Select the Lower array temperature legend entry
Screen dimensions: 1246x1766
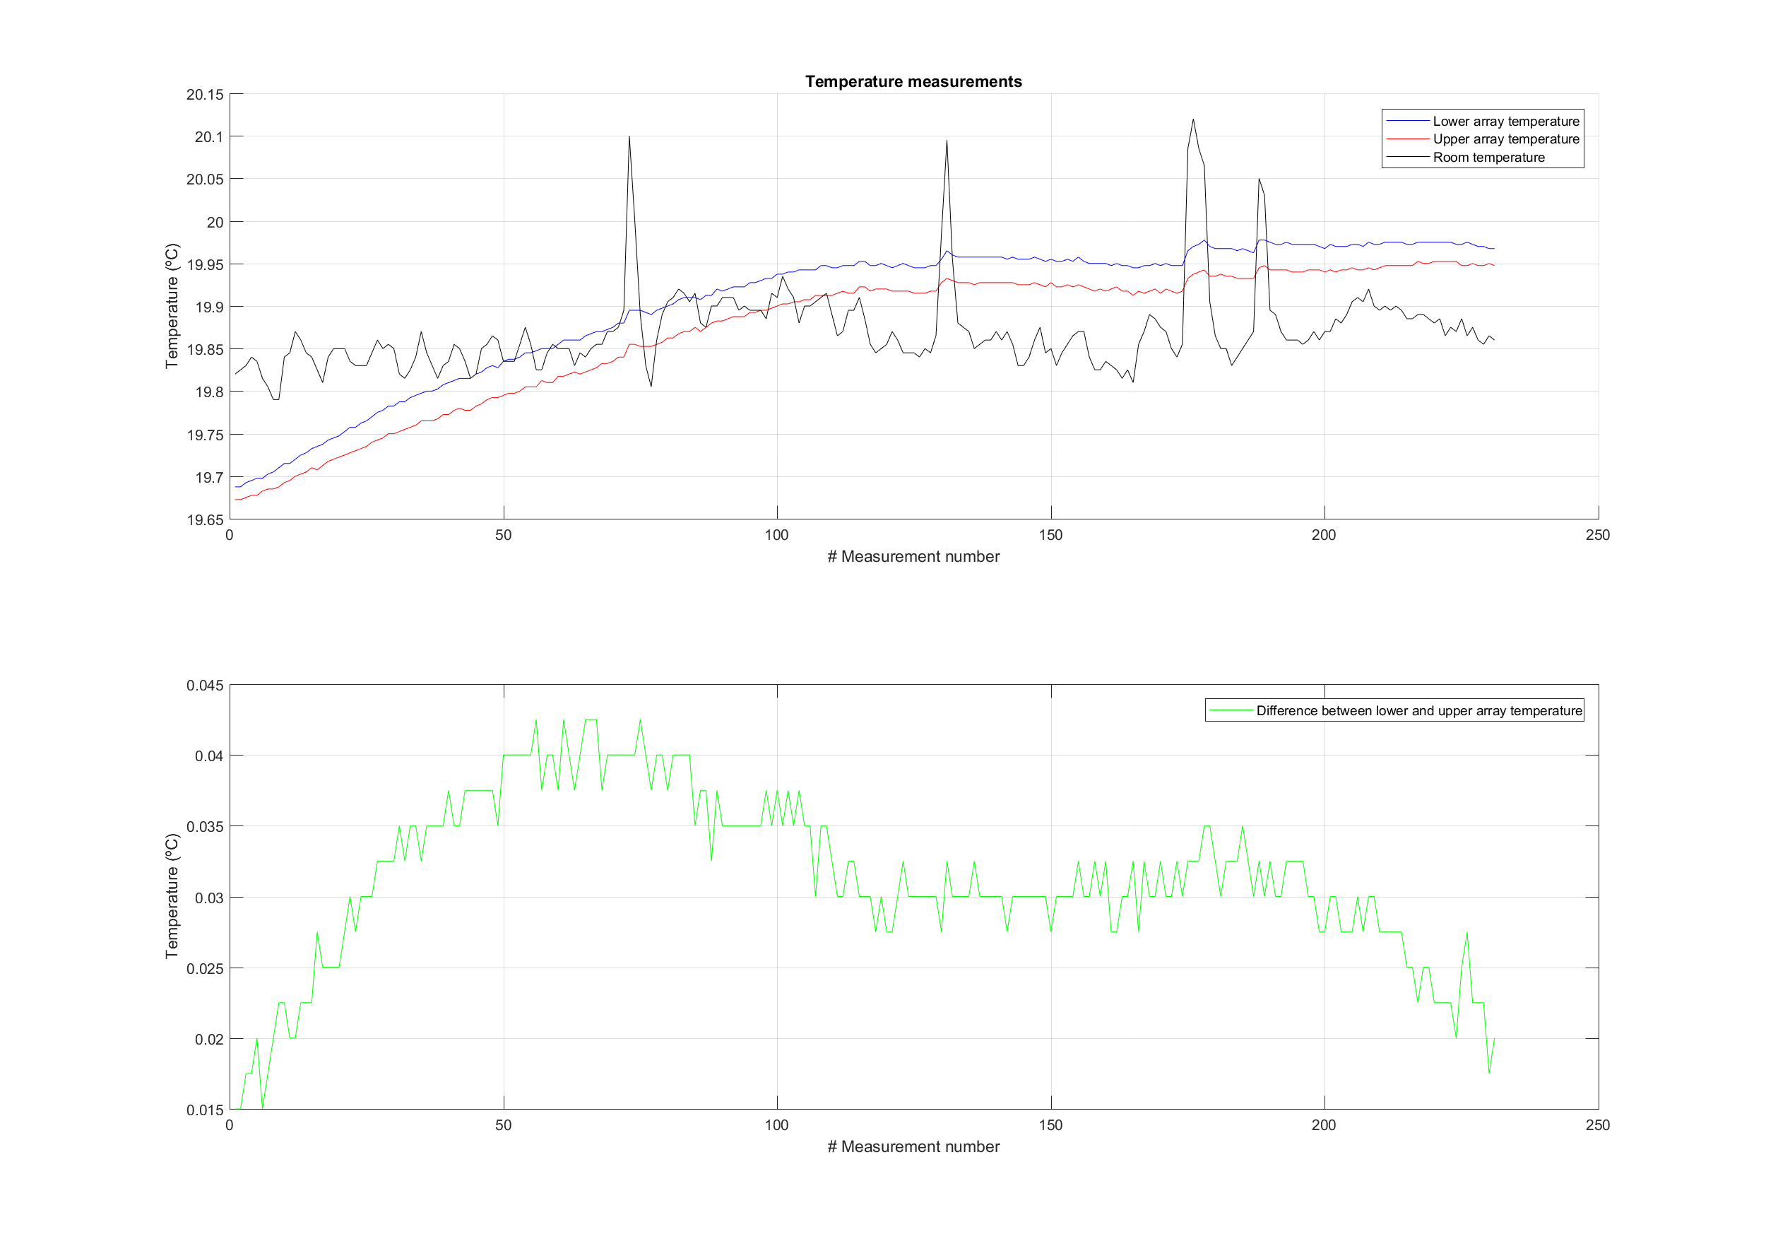[x=1505, y=121]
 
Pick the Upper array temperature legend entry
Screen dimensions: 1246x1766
[x=1505, y=139]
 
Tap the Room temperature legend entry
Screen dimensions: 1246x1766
[x=1488, y=158]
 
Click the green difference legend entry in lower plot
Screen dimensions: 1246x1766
[x=1418, y=710]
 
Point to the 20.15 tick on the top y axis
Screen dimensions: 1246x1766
[x=205, y=95]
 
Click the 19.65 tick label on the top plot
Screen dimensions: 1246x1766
[x=205, y=519]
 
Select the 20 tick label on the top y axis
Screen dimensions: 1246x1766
[x=215, y=223]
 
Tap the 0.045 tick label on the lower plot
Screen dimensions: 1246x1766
[x=205, y=685]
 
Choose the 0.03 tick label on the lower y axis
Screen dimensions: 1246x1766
[x=209, y=898]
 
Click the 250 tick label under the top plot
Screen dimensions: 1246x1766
[x=1598, y=535]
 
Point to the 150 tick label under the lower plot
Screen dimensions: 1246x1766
[x=1050, y=1125]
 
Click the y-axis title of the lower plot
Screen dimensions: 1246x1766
[x=172, y=897]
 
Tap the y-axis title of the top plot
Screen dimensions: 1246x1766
[x=172, y=306]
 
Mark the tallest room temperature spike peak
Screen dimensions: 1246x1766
[x=1193, y=119]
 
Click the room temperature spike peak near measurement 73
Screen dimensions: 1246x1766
[x=629, y=136]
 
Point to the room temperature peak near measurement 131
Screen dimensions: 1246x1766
[x=947, y=140]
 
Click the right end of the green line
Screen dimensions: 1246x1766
[x=1495, y=1038]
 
